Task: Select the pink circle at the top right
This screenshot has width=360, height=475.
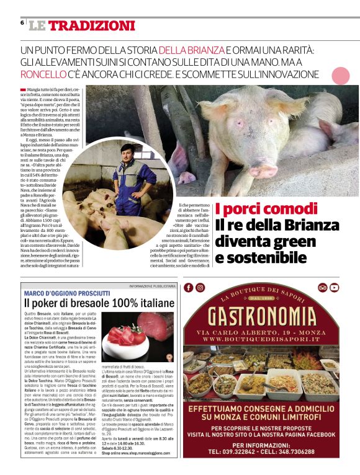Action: click(341, 76)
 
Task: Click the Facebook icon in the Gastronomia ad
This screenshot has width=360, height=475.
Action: click(189, 287)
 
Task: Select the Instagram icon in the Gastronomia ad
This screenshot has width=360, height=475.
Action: click(200, 287)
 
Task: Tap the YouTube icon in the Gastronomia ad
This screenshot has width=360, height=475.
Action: click(335, 287)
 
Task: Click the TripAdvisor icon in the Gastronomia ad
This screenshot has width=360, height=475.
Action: click(322, 287)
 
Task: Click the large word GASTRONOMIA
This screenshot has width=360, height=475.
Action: click(268, 317)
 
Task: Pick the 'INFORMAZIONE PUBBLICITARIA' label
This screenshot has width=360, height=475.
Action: click(153, 286)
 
